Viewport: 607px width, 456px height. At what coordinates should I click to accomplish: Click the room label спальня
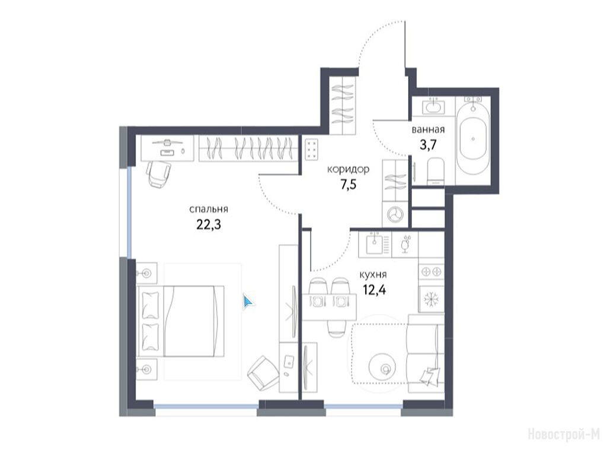(x=208, y=210)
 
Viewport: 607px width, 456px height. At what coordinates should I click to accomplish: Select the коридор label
(x=348, y=169)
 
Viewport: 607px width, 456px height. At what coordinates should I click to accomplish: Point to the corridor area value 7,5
(x=348, y=185)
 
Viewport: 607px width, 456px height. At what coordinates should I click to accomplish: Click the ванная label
(x=428, y=129)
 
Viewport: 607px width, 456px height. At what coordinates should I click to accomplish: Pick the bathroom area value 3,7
(x=428, y=145)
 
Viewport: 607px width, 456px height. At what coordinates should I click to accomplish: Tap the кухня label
(x=373, y=275)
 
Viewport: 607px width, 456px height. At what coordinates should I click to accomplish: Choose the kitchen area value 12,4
(x=374, y=289)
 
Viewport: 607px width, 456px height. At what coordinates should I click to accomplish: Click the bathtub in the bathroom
(x=472, y=140)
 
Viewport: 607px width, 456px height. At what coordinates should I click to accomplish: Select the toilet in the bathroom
(x=436, y=172)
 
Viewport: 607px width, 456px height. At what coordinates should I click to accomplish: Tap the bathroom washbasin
(x=433, y=106)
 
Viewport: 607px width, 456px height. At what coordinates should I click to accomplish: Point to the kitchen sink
(x=375, y=244)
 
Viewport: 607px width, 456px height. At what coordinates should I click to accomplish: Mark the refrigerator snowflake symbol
(x=430, y=299)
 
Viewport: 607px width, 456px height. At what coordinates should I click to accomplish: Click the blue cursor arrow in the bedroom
(x=248, y=302)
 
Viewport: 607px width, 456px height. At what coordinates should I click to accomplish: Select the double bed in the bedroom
(x=180, y=321)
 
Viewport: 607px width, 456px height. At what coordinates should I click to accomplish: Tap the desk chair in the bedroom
(x=158, y=174)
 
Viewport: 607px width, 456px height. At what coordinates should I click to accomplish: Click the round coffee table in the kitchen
(x=382, y=366)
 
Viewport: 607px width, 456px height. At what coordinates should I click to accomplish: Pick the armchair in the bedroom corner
(x=263, y=374)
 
